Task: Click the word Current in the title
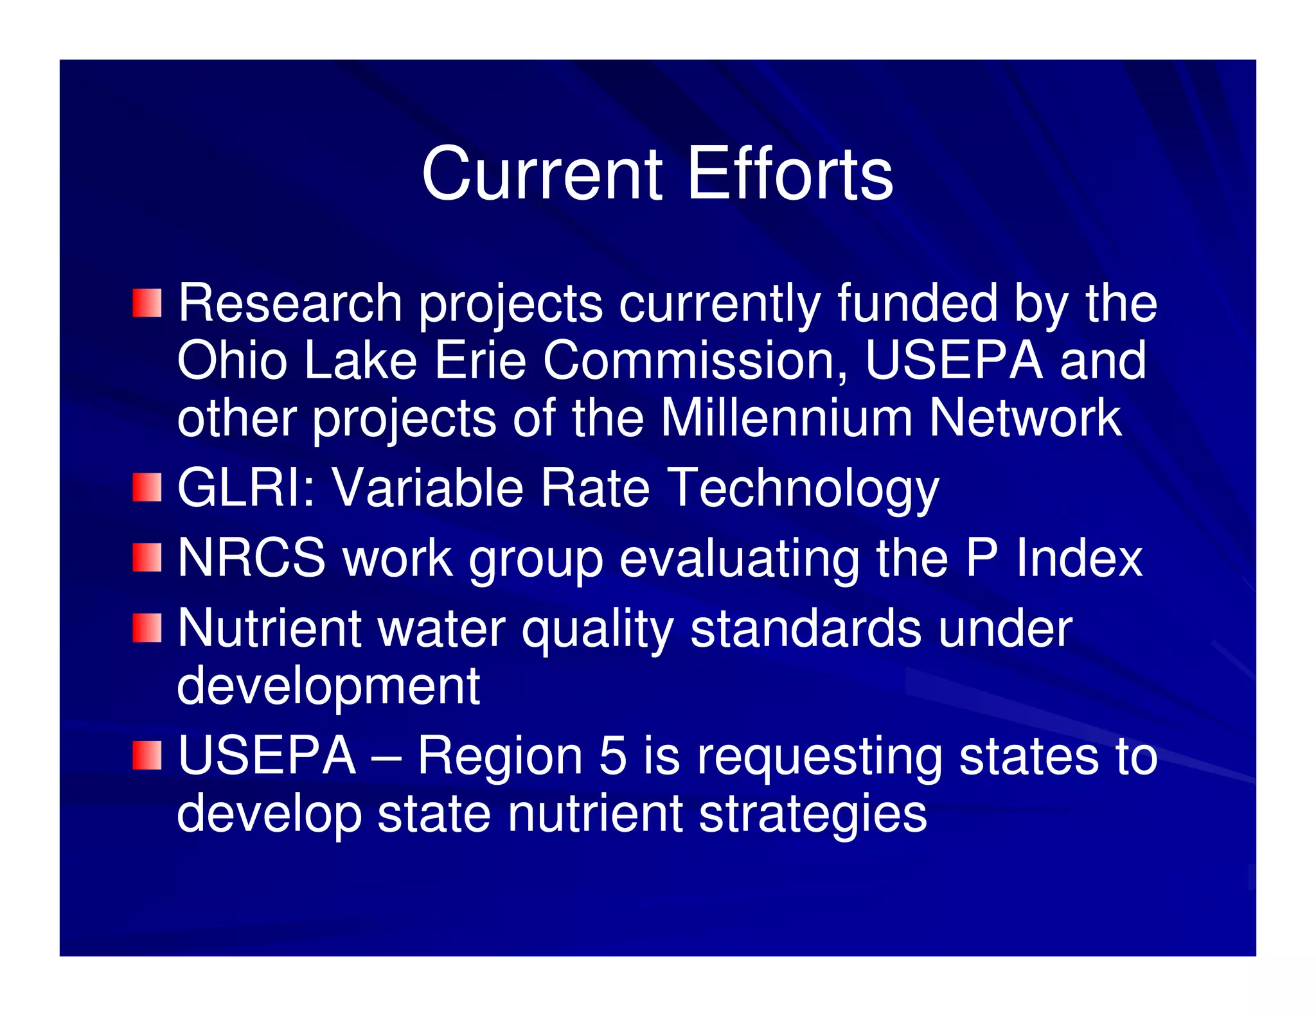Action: pyautogui.click(x=542, y=174)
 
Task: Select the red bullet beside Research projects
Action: pyautogui.click(x=147, y=303)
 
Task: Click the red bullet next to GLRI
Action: pyautogui.click(x=147, y=488)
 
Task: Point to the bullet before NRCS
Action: pyautogui.click(x=147, y=557)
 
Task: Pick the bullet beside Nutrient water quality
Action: pyautogui.click(x=147, y=627)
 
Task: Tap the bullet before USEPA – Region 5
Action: pyautogui.click(x=147, y=755)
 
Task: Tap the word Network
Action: pyautogui.click(x=1026, y=418)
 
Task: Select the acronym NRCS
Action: pyautogui.click(x=251, y=557)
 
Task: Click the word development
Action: pyautogui.click(x=328, y=686)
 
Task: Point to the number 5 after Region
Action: pyautogui.click(x=612, y=755)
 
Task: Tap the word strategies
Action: pyautogui.click(x=812, y=814)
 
